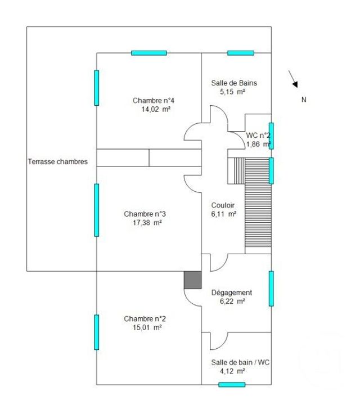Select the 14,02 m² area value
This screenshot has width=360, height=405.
156,110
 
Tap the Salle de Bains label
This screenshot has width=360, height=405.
234,83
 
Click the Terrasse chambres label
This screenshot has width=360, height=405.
58,162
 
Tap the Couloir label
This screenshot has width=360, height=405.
223,205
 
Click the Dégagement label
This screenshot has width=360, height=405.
231,292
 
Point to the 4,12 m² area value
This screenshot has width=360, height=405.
232,371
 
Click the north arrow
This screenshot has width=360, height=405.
292,79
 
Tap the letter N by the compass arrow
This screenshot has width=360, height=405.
304,100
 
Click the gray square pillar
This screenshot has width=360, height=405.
192,280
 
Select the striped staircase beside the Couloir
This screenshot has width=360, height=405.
258,202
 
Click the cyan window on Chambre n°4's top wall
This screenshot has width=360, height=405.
149,53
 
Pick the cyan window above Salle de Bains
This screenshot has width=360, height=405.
241,53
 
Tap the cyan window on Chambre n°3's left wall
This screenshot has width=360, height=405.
97,210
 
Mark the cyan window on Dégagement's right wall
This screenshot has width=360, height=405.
271,289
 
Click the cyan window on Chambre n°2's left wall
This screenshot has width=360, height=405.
97,332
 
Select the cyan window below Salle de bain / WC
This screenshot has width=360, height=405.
232,385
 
